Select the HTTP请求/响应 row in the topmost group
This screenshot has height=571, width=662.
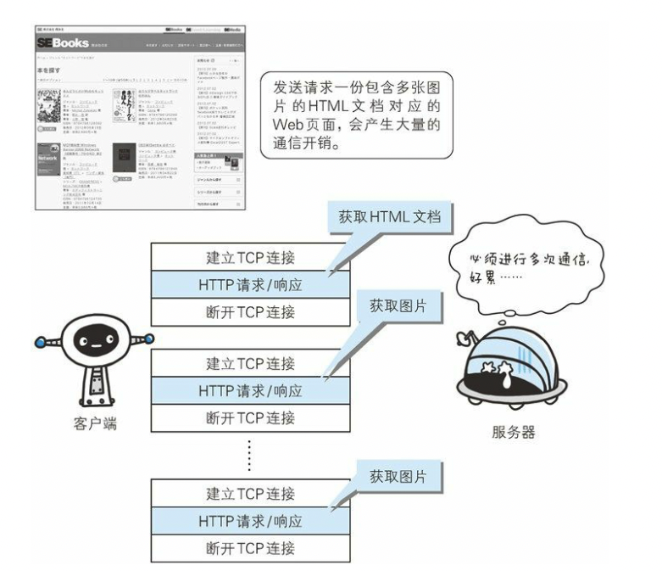(x=249, y=283)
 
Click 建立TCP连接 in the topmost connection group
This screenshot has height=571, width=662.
(x=249, y=256)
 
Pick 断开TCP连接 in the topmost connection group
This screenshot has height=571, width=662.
(x=249, y=311)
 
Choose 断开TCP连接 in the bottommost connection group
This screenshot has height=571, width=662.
(x=249, y=547)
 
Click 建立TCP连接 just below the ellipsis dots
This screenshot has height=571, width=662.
(x=249, y=493)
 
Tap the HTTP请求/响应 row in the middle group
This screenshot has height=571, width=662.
(x=249, y=391)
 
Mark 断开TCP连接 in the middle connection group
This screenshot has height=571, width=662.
(x=249, y=418)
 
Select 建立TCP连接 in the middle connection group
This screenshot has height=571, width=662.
(x=249, y=364)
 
